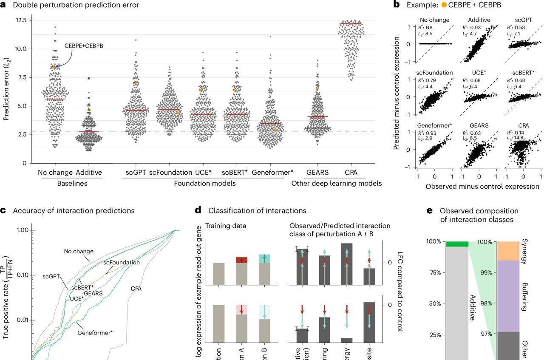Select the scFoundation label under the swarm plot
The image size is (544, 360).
tap(170, 173)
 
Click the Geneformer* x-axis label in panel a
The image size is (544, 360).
tap(272, 173)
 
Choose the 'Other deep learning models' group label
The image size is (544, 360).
tap(336, 183)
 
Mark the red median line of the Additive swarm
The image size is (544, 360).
tap(88, 132)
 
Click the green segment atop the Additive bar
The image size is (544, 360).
tap(456, 244)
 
